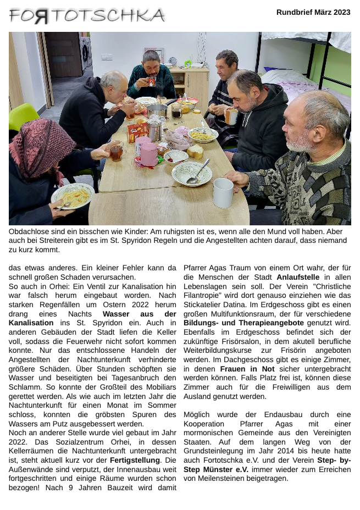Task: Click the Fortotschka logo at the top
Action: coord(87,16)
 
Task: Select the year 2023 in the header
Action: coord(341,12)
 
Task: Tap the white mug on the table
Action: coord(223,192)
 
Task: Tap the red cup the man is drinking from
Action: coord(151,81)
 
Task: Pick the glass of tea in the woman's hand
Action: coord(116,152)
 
